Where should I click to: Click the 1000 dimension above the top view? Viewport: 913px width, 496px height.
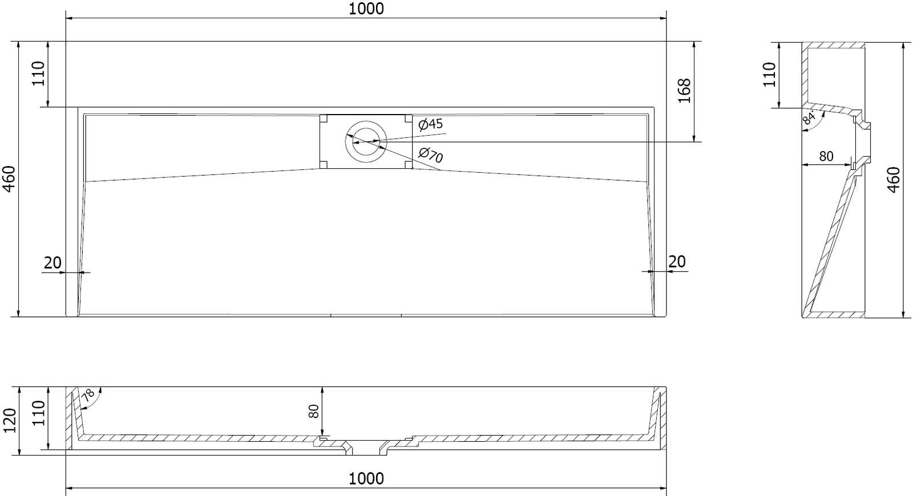tap(366, 9)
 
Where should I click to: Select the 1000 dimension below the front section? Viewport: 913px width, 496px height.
tap(366, 478)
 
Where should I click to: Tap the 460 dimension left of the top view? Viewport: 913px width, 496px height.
tap(9, 178)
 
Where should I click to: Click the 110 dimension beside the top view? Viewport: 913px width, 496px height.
tap(38, 74)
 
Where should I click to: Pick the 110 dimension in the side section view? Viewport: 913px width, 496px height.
tap(769, 74)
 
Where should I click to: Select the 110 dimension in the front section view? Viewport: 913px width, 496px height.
tap(38, 413)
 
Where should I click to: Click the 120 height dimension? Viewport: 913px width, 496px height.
tap(9, 420)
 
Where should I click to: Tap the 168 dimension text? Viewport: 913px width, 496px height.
tap(684, 91)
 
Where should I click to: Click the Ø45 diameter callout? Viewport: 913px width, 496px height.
tap(430, 124)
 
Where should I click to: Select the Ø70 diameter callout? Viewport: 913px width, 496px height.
tap(431, 155)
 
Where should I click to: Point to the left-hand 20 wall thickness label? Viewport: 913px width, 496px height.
tap(52, 263)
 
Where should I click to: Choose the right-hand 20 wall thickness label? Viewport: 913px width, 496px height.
tap(677, 262)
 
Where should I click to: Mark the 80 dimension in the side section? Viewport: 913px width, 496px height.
tap(826, 156)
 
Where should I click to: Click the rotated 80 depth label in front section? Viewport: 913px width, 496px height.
tap(313, 411)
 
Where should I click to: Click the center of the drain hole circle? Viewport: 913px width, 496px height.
tap(366, 141)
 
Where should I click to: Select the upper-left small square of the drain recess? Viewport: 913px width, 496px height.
tap(324, 119)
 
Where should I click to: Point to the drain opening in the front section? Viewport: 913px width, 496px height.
tap(366, 447)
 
